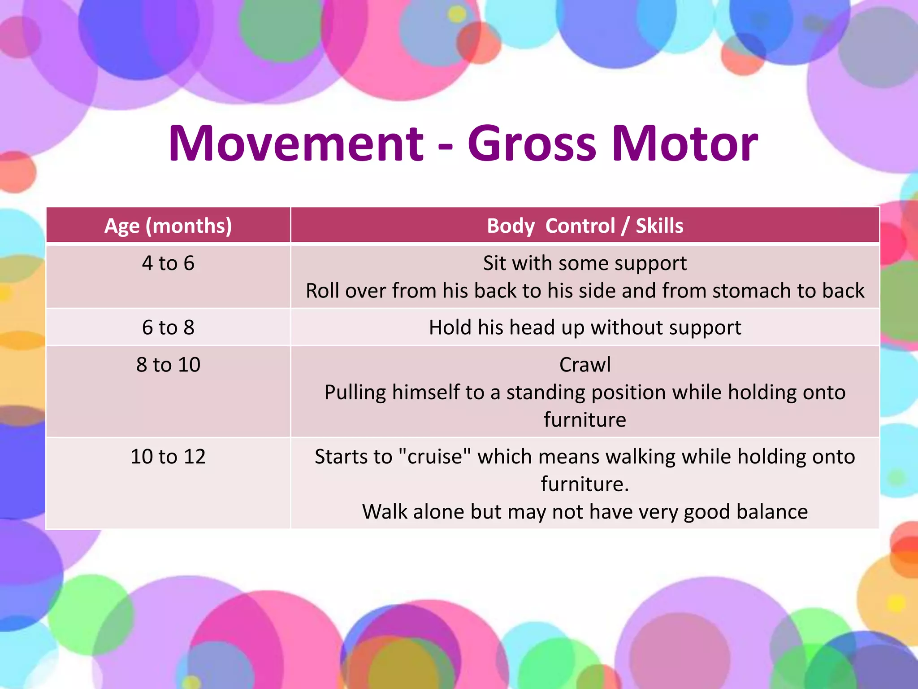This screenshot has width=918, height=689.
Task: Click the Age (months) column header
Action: click(x=168, y=226)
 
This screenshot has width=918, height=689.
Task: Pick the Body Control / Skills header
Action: click(x=585, y=226)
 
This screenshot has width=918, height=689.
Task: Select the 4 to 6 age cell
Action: click(x=168, y=263)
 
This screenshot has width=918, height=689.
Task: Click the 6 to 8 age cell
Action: click(x=168, y=327)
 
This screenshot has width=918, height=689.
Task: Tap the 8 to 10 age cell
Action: click(x=168, y=365)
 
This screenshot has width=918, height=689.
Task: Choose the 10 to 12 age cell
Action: click(x=168, y=457)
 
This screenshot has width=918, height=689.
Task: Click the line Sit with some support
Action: click(x=585, y=263)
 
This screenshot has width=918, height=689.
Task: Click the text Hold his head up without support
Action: click(x=585, y=327)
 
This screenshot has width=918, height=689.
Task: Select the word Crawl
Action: click(x=585, y=365)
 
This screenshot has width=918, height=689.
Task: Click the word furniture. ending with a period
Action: click(x=585, y=484)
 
